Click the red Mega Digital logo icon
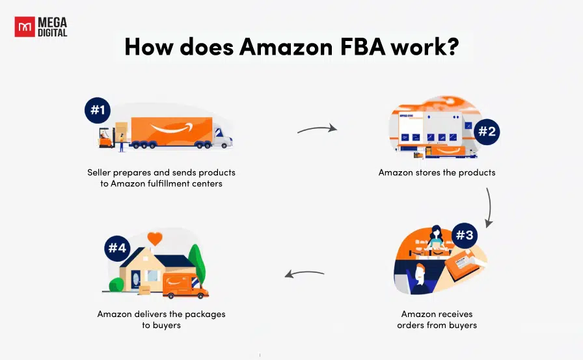[x=25, y=27]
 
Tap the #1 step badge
[x=98, y=110]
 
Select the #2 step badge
[x=487, y=132]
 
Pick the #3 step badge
[x=465, y=235]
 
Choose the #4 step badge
[x=117, y=248]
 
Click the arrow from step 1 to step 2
[x=317, y=129]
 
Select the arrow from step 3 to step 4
[x=305, y=273]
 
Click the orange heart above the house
[x=155, y=238]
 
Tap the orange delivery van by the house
[x=185, y=286]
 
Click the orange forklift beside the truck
[x=106, y=138]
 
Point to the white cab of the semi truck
[x=223, y=137]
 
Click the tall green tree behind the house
[x=197, y=263]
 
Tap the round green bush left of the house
[x=116, y=284]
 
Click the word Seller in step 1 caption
[x=99, y=173]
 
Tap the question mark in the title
[x=452, y=47]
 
